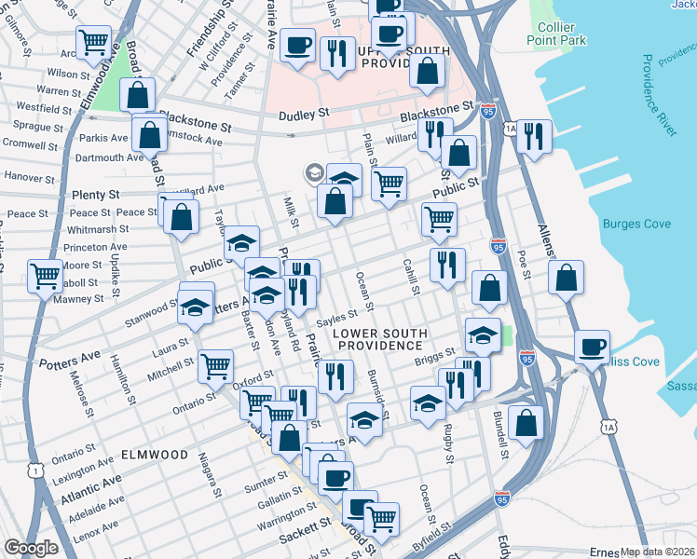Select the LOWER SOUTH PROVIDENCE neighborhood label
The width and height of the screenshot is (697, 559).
tap(381, 339)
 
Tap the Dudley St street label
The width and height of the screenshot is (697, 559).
tap(305, 114)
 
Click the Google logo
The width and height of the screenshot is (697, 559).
tap(31, 548)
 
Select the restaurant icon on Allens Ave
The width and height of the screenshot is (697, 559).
tap(534, 135)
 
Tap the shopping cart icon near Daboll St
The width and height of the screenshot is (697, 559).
tap(46, 275)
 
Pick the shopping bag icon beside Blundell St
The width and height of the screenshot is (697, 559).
tap(526, 421)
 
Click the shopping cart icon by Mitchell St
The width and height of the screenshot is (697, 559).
tap(215, 364)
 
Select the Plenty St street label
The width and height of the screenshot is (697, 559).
tap(90, 197)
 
